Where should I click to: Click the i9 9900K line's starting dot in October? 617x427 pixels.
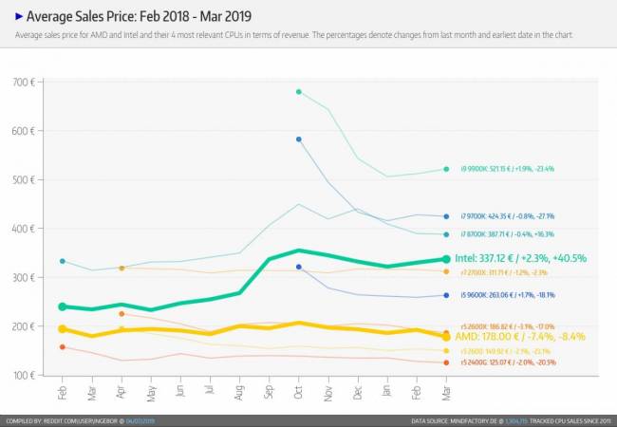pyautogui.click(x=299, y=92)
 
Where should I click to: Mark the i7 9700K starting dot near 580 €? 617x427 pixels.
pyautogui.click(x=299, y=139)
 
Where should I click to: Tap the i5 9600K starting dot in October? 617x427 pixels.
pyautogui.click(x=299, y=267)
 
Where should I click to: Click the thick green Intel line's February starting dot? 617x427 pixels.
pyautogui.click(x=63, y=306)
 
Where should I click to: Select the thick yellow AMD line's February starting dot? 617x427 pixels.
pyautogui.click(x=63, y=328)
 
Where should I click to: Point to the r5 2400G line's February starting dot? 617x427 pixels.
pyautogui.click(x=63, y=347)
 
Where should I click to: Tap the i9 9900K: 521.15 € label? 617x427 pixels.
pyautogui.click(x=507, y=169)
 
